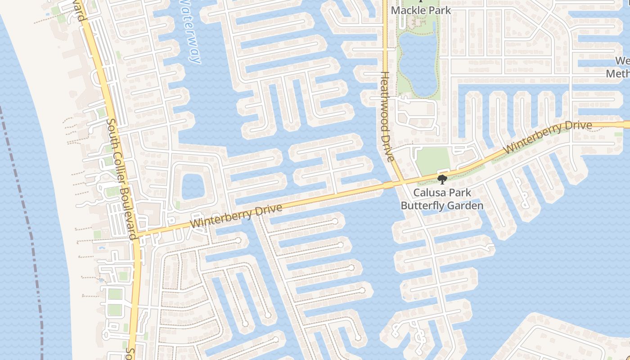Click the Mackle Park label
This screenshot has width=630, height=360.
click(421, 10)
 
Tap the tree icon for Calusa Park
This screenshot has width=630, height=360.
click(442, 180)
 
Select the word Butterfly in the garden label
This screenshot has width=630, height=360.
click(420, 206)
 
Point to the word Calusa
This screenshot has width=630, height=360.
click(429, 193)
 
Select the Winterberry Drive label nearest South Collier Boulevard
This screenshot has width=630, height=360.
click(236, 215)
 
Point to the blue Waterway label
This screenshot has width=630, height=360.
click(189, 31)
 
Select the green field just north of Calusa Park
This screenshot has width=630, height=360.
click(432, 160)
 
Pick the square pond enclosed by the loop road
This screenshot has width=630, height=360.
click(193, 185)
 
